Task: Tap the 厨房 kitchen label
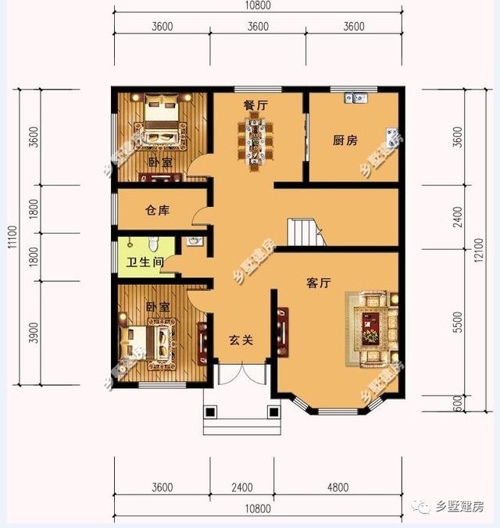345,141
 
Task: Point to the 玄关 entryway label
240,340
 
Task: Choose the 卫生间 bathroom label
145,262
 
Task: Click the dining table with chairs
256,141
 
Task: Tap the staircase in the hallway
305,232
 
